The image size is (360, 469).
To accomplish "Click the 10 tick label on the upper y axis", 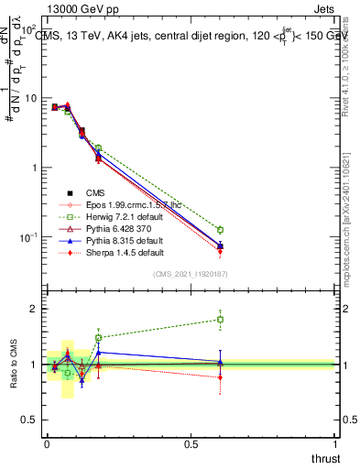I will [x=27, y=98].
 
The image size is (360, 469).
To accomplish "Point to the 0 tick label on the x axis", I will [x=47, y=444].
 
